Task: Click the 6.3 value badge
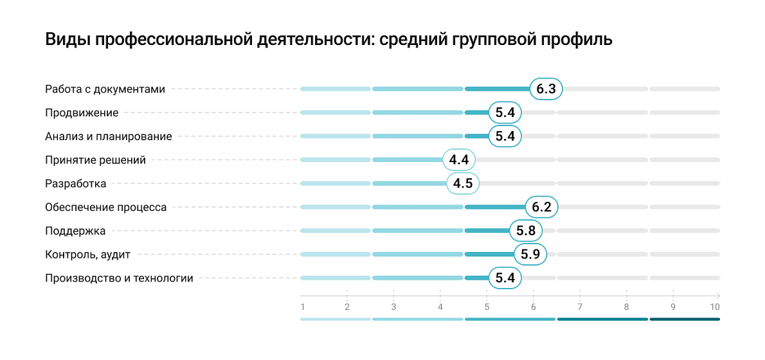click(546, 89)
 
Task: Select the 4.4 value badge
click(459, 160)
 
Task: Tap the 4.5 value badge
click(463, 184)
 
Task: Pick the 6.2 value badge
click(541, 208)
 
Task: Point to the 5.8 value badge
click(525, 231)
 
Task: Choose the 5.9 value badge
click(530, 255)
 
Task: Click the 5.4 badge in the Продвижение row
click(505, 113)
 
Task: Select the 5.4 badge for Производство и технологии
click(505, 278)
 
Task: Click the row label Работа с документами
click(105, 89)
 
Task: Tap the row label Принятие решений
click(95, 160)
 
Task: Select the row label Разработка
click(75, 184)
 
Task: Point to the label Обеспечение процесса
click(105, 208)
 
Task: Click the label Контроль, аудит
click(87, 255)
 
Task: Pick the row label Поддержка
click(75, 231)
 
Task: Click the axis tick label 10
click(714, 307)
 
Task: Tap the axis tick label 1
click(302, 307)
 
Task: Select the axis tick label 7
click(580, 307)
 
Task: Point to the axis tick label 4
click(440, 307)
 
